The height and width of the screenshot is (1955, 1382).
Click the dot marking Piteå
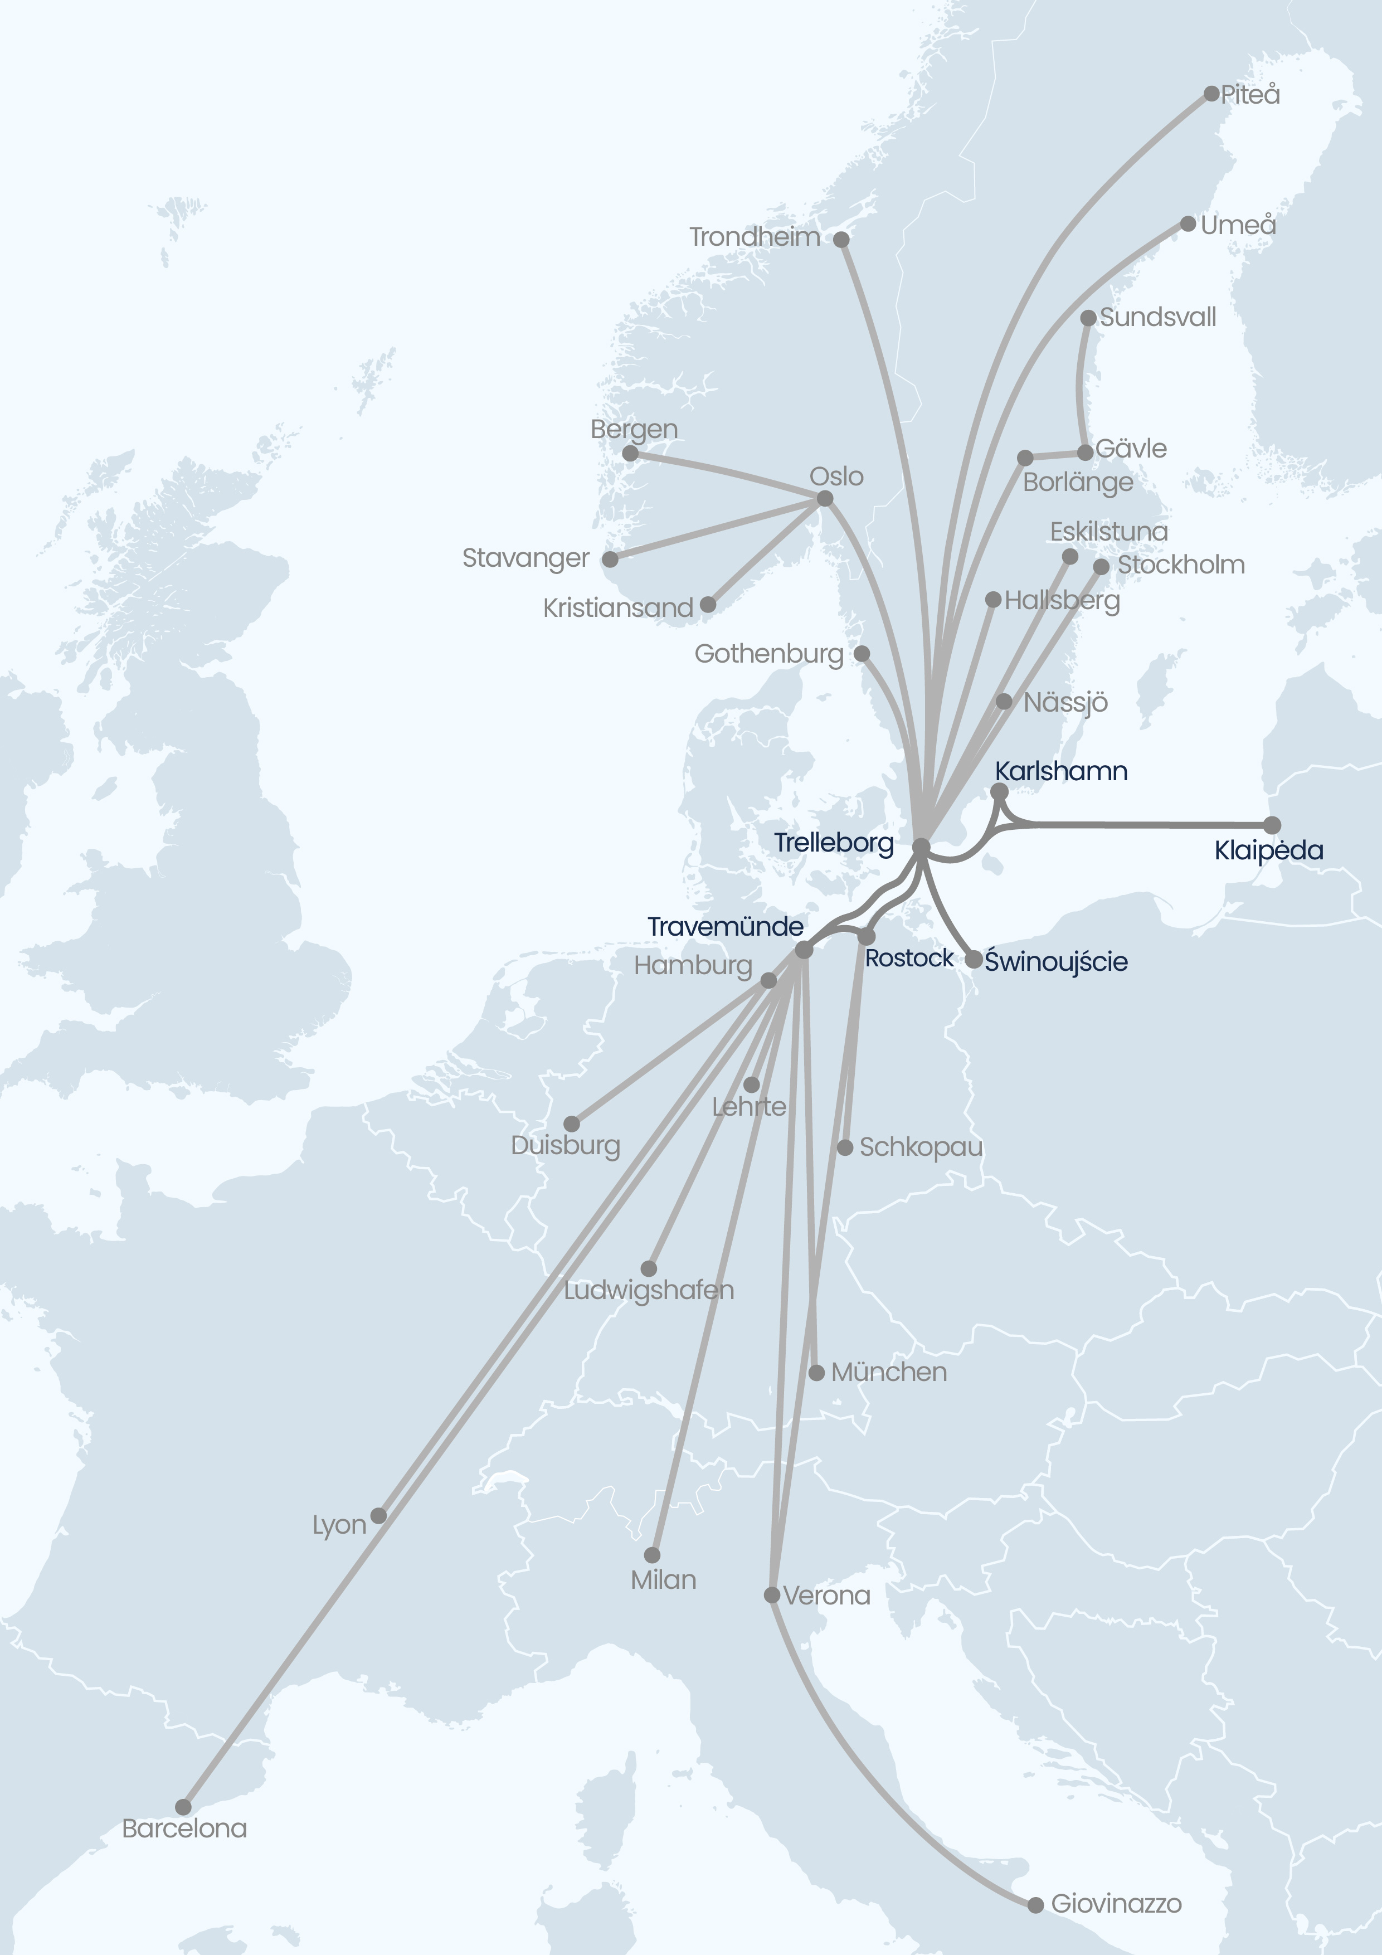point(1211,94)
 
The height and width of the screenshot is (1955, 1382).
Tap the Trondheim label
point(755,237)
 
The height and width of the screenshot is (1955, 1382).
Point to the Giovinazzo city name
point(1116,1903)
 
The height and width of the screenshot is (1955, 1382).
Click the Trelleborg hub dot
point(921,847)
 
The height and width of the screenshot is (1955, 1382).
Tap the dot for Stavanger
point(610,560)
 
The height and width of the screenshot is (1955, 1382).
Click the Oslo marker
point(824,498)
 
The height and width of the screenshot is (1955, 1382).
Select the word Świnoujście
point(1056,961)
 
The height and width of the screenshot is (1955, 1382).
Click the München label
point(888,1372)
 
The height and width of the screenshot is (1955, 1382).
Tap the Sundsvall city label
point(1157,318)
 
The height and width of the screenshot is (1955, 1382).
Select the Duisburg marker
point(571,1124)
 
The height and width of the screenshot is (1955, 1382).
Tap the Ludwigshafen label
point(648,1290)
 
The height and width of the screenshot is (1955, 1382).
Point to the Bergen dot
point(630,454)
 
